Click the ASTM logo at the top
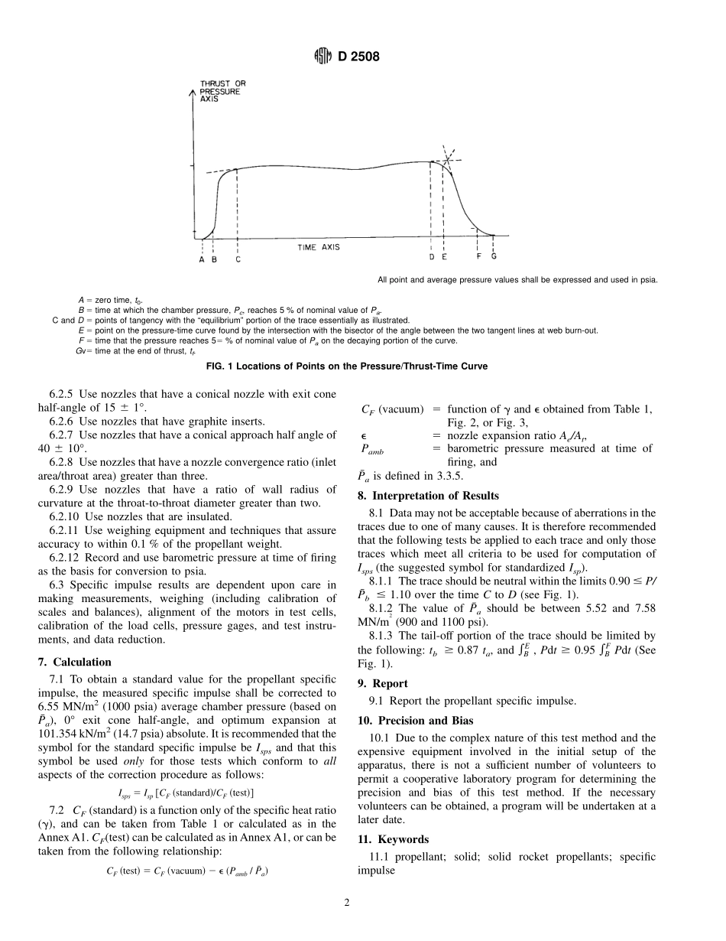point(323,55)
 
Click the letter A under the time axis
point(202,259)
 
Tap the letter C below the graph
point(238,259)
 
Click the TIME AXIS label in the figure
point(319,247)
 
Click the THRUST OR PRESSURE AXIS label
point(222,91)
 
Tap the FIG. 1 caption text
point(347,366)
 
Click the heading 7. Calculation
point(74,662)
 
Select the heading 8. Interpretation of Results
point(428,496)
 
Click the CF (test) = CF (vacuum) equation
point(187,871)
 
